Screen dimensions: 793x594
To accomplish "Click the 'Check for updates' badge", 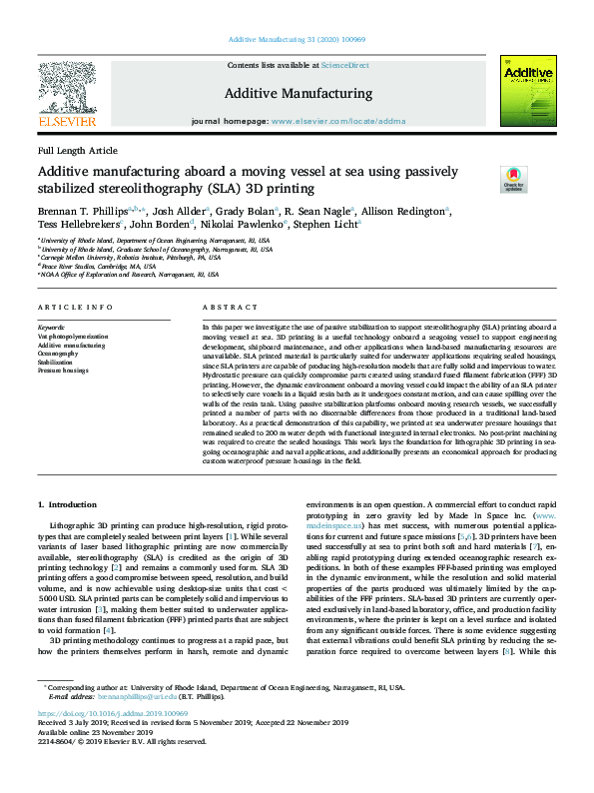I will coord(513,179).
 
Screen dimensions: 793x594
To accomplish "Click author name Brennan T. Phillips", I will coord(78,212).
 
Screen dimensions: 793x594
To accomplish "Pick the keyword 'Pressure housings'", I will coord(64,370).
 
